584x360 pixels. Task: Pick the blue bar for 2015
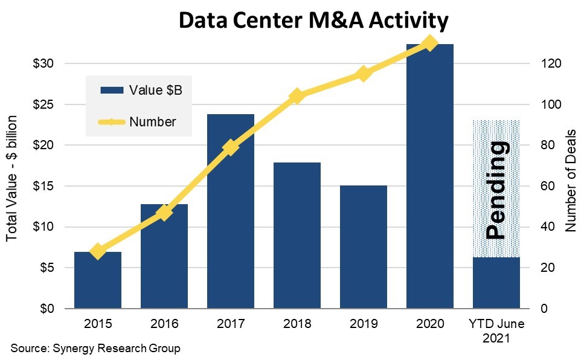[x=98, y=280]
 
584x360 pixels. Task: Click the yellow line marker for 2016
[x=164, y=212]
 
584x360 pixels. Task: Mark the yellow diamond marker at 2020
[x=429, y=43]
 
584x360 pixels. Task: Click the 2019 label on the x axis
[x=363, y=324]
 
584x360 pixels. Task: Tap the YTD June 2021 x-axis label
[x=496, y=330]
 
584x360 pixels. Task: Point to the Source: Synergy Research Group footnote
[x=95, y=349]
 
